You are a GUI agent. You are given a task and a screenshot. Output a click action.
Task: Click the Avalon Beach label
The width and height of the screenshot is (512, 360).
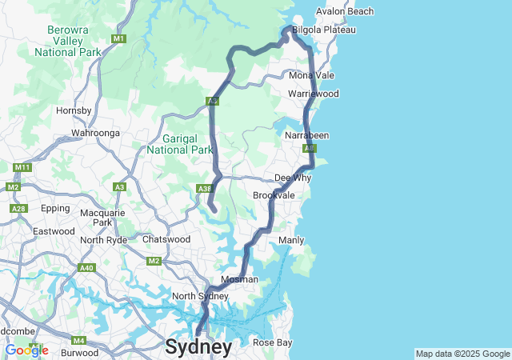pyautogui.click(x=344, y=11)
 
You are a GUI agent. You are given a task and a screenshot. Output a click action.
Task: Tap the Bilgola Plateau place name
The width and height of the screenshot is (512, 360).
pyautogui.click(x=323, y=30)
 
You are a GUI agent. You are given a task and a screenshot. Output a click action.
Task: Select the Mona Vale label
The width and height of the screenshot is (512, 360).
pyautogui.click(x=311, y=75)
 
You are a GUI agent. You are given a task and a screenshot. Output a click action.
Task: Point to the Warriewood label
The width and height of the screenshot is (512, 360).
pyautogui.click(x=313, y=94)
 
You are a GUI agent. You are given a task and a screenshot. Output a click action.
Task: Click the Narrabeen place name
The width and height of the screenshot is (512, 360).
pyautogui.click(x=306, y=135)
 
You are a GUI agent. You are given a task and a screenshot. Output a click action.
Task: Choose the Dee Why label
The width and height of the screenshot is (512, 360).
pyautogui.click(x=292, y=178)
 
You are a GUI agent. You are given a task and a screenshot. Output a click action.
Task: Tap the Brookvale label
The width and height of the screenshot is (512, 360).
pyautogui.click(x=274, y=195)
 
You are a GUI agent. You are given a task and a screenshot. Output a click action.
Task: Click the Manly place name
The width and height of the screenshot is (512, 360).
pyautogui.click(x=290, y=240)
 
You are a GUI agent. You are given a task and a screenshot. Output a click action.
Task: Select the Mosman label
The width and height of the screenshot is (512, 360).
pyautogui.click(x=239, y=279)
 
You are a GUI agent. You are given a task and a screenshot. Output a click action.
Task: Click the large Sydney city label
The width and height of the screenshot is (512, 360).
pyautogui.click(x=198, y=346)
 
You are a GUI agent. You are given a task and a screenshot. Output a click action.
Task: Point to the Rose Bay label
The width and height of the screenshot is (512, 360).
pyautogui.click(x=273, y=342)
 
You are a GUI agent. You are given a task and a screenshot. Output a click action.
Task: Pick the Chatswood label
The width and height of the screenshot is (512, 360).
pyautogui.click(x=166, y=239)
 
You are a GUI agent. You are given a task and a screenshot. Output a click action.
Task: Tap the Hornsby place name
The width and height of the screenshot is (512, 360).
pyautogui.click(x=74, y=110)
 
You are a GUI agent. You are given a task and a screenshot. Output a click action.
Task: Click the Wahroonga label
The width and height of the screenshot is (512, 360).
pyautogui.click(x=95, y=132)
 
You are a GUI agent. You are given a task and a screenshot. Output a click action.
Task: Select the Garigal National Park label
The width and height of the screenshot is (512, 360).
pyautogui.click(x=181, y=144)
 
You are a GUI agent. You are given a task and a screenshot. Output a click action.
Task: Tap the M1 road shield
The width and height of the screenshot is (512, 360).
pyautogui.click(x=119, y=38)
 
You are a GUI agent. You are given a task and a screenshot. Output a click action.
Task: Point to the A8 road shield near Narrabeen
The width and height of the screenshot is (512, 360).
pyautogui.click(x=309, y=148)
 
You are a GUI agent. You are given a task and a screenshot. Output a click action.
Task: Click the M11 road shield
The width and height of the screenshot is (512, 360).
pyautogui.click(x=22, y=167)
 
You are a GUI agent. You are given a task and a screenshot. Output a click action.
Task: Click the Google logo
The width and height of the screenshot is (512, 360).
pyautogui.click(x=26, y=350)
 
